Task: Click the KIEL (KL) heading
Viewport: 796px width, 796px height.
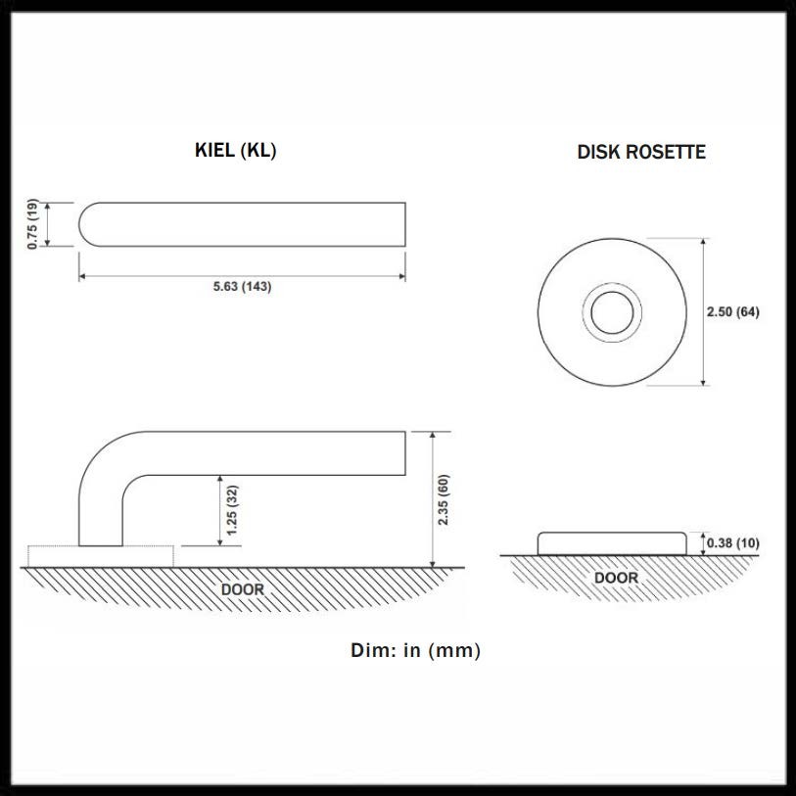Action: [236, 150]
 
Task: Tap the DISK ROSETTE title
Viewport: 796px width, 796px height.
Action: [641, 152]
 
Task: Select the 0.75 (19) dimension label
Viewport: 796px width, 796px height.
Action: [32, 224]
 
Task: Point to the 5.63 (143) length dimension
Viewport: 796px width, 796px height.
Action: [242, 286]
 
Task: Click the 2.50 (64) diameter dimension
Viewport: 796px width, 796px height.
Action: [733, 311]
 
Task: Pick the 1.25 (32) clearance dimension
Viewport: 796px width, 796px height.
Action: [232, 510]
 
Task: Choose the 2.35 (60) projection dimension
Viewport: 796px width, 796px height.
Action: [444, 499]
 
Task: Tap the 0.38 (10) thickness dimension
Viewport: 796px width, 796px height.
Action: [733, 543]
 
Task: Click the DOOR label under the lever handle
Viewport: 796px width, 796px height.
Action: [243, 589]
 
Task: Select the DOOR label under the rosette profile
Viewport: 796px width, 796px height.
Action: [616, 578]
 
